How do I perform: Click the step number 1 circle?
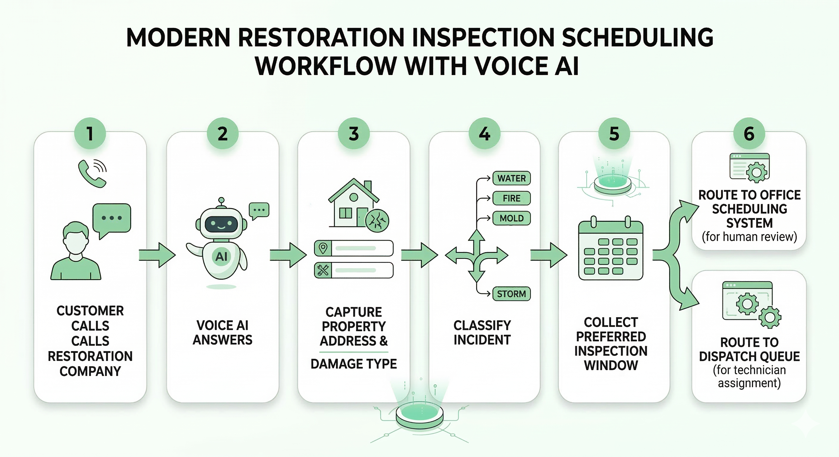pos(90,134)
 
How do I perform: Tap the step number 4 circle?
pos(484,134)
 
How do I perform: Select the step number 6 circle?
pos(749,134)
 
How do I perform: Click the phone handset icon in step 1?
pos(92,174)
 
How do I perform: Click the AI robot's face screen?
pos(221,224)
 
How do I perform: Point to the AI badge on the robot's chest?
pos(221,257)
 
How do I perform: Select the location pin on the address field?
pos(323,248)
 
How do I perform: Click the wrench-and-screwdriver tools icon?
pos(323,270)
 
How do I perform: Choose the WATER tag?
pos(511,178)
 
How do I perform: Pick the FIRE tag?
pos(511,198)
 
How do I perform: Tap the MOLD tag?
pos(511,218)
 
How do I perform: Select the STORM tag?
pos(511,294)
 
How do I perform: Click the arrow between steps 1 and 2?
pos(157,255)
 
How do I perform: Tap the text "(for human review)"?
pos(749,237)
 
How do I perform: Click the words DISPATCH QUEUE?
pos(749,356)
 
